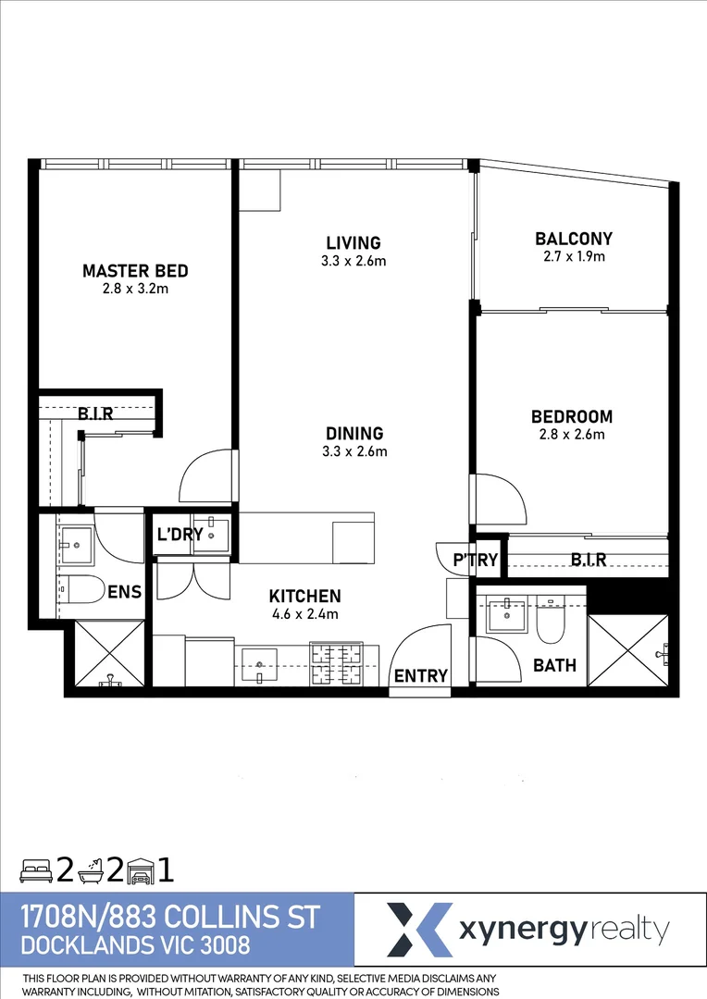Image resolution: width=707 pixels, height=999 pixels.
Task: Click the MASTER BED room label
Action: pos(135,271)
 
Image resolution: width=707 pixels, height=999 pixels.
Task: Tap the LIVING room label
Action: pos(346,243)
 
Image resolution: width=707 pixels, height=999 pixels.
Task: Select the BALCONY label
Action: pos(574,239)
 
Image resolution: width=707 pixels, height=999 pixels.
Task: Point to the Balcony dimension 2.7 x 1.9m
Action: pos(574,256)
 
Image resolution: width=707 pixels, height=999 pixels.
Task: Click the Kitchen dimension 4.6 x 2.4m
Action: pos(304,614)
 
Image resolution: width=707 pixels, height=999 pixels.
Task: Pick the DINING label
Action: pos(353,433)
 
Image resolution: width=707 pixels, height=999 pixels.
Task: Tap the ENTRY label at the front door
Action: pos(421,676)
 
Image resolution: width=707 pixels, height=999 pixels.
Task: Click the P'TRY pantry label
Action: pos(476,560)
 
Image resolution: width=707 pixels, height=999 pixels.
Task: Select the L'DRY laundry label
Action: pos(180,535)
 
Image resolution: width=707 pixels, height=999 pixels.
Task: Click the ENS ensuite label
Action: pos(124,592)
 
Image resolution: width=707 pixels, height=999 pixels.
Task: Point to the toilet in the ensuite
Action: pos(76,587)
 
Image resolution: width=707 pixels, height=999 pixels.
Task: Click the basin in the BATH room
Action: pos(506,615)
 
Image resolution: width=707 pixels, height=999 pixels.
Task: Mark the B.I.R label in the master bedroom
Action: pos(95,413)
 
